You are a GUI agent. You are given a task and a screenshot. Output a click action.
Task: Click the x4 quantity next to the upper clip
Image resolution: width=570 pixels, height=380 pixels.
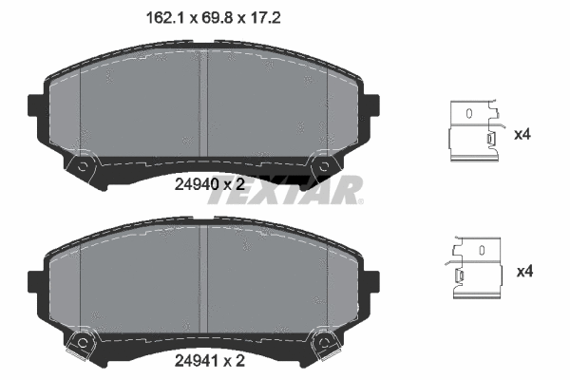(x=522, y=135)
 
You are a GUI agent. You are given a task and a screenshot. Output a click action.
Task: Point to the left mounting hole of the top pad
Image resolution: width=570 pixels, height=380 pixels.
(x=84, y=169)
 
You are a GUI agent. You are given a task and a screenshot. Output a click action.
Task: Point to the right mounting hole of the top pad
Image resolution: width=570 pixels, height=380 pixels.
(x=324, y=168)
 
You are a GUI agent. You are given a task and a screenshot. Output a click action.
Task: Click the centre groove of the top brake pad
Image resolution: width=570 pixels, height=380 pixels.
(x=202, y=100)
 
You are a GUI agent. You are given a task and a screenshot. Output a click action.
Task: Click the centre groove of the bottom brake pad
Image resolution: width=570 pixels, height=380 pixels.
(x=202, y=275)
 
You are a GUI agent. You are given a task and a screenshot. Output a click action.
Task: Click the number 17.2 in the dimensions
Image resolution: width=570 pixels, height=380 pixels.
(x=265, y=17)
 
